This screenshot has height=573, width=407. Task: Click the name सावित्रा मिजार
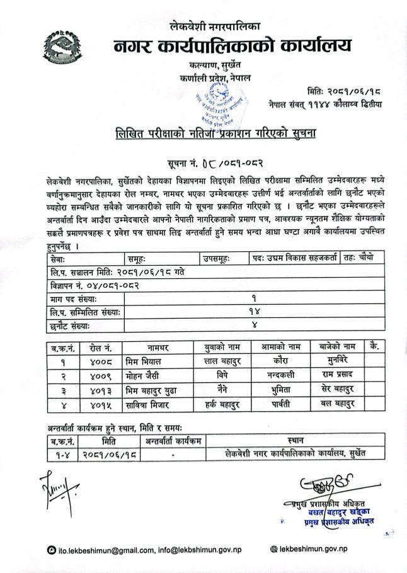click(x=151, y=403)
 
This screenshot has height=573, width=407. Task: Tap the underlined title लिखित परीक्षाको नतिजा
click(x=189, y=135)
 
